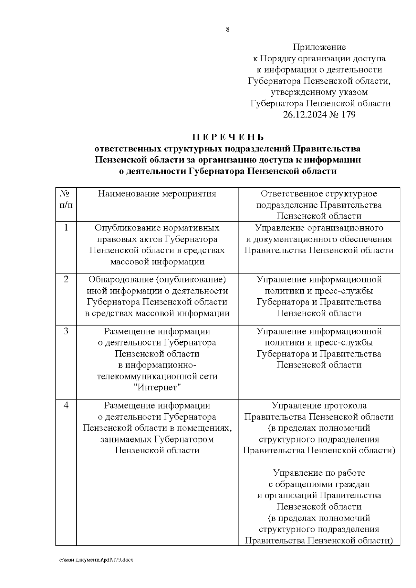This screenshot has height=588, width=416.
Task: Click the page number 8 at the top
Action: click(227, 29)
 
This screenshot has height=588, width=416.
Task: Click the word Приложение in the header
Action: click(319, 47)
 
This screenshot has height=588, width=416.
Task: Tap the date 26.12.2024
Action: click(305, 115)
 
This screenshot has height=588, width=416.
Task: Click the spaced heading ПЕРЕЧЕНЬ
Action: click(228, 137)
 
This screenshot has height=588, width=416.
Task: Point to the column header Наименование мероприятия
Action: click(157, 194)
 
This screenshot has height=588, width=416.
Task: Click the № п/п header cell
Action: click(66, 199)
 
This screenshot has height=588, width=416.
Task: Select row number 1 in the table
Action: click(66, 228)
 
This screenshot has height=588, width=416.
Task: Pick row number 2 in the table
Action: click(66, 279)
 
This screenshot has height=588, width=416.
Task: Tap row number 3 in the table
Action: click(66, 331)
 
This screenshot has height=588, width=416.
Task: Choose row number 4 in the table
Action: click(66, 405)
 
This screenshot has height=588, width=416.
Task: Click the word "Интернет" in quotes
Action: click(157, 387)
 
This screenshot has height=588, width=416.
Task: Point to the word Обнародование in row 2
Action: click(120, 279)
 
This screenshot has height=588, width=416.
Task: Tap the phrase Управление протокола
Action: click(319, 405)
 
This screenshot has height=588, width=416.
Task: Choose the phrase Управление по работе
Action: click(319, 473)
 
